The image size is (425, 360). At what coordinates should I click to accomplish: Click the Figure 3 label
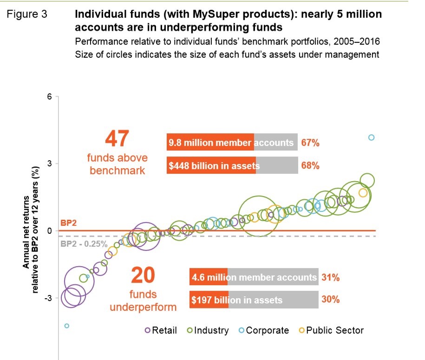(27, 14)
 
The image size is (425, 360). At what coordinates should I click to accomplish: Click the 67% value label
(310, 143)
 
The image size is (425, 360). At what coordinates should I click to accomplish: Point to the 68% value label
(310, 166)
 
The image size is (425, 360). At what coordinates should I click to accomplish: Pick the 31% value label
(331, 278)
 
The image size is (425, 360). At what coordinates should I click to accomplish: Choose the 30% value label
(331, 300)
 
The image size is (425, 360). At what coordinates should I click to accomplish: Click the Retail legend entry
(161, 330)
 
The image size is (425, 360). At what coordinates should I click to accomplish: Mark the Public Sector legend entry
(331, 330)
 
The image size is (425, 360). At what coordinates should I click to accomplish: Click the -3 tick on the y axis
(47, 298)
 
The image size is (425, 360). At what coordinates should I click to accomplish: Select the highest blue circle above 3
(371, 137)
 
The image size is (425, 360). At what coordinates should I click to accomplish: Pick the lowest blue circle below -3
(66, 326)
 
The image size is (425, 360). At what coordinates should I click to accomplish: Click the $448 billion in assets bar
(232, 166)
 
